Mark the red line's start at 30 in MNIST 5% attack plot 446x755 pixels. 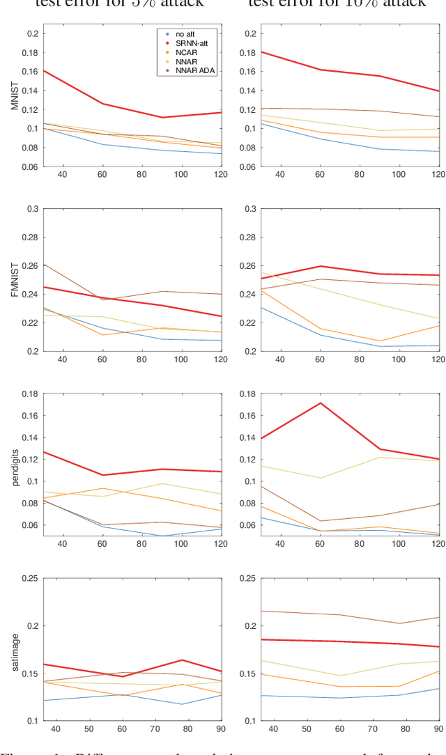click(43, 70)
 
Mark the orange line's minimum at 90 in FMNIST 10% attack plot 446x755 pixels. click(399, 341)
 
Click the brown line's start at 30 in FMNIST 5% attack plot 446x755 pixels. click(43, 264)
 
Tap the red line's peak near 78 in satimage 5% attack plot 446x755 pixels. click(182, 660)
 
